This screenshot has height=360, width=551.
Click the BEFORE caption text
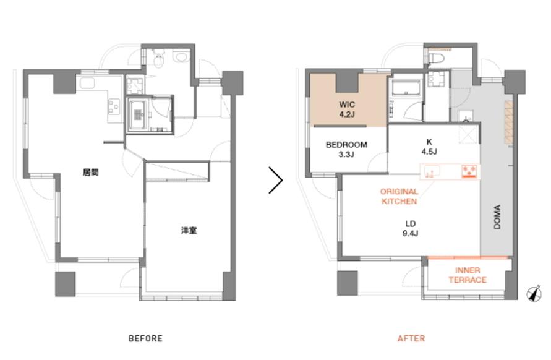pyautogui.click(x=145, y=338)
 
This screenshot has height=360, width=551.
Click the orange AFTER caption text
pyautogui.click(x=411, y=338)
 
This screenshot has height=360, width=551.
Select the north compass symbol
pyautogui.click(x=534, y=293)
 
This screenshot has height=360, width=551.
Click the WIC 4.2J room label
pyautogui.click(x=347, y=109)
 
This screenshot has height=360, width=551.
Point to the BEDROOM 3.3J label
pyautogui.click(x=346, y=150)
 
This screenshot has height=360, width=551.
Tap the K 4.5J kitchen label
pyautogui.click(x=429, y=147)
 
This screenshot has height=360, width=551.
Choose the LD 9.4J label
pyautogui.click(x=411, y=228)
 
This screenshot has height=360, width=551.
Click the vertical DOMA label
pyautogui.click(x=497, y=217)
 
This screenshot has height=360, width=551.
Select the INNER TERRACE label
pyautogui.click(x=468, y=275)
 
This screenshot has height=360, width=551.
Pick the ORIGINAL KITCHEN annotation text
pyautogui.click(x=399, y=197)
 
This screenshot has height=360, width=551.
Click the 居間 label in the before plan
pyautogui.click(x=91, y=172)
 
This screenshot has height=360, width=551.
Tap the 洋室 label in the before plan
pyautogui.click(x=189, y=231)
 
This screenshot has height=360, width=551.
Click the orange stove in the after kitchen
pyautogui.click(x=470, y=171)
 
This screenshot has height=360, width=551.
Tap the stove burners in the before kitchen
pyautogui.click(x=114, y=107)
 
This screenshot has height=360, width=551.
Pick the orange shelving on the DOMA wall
pyautogui.click(x=509, y=122)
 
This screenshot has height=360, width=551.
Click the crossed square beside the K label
pyautogui.click(x=469, y=134)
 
